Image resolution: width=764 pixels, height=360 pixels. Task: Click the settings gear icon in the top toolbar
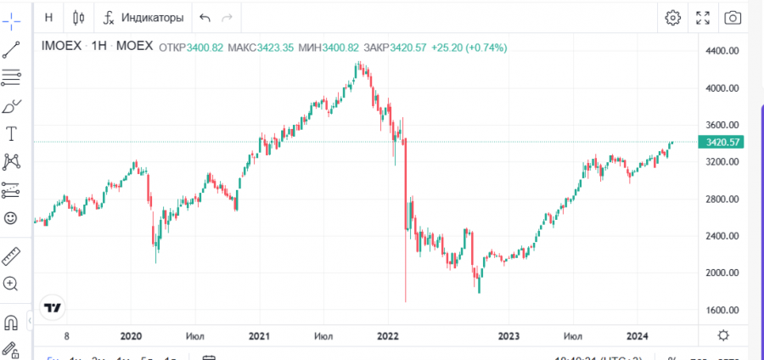coord(673,17)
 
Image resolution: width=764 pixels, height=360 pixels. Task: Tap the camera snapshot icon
coord(733,17)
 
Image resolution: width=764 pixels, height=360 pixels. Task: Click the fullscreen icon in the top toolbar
coord(703,17)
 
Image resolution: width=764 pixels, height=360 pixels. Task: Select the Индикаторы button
coord(143,17)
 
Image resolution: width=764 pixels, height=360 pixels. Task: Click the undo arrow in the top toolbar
coord(204,17)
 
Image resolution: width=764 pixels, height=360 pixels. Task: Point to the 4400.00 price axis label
coord(724,51)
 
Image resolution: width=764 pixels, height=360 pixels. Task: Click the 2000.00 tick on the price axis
coord(724,273)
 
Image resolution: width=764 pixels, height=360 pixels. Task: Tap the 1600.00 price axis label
coord(724,309)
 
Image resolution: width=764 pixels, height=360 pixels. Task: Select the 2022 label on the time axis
coord(388,335)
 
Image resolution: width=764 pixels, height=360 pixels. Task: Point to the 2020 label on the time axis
coord(132,335)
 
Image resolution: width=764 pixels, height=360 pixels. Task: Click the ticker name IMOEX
coord(62,48)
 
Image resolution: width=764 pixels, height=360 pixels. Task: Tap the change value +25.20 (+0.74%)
coord(469,48)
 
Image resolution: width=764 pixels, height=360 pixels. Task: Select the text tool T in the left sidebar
coord(12,133)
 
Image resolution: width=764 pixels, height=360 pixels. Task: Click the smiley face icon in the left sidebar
coord(11,218)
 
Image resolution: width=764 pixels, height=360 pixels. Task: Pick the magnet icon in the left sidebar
coord(11,323)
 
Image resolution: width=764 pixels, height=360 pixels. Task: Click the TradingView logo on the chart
coord(53,307)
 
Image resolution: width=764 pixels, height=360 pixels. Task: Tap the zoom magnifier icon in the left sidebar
coord(11,284)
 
